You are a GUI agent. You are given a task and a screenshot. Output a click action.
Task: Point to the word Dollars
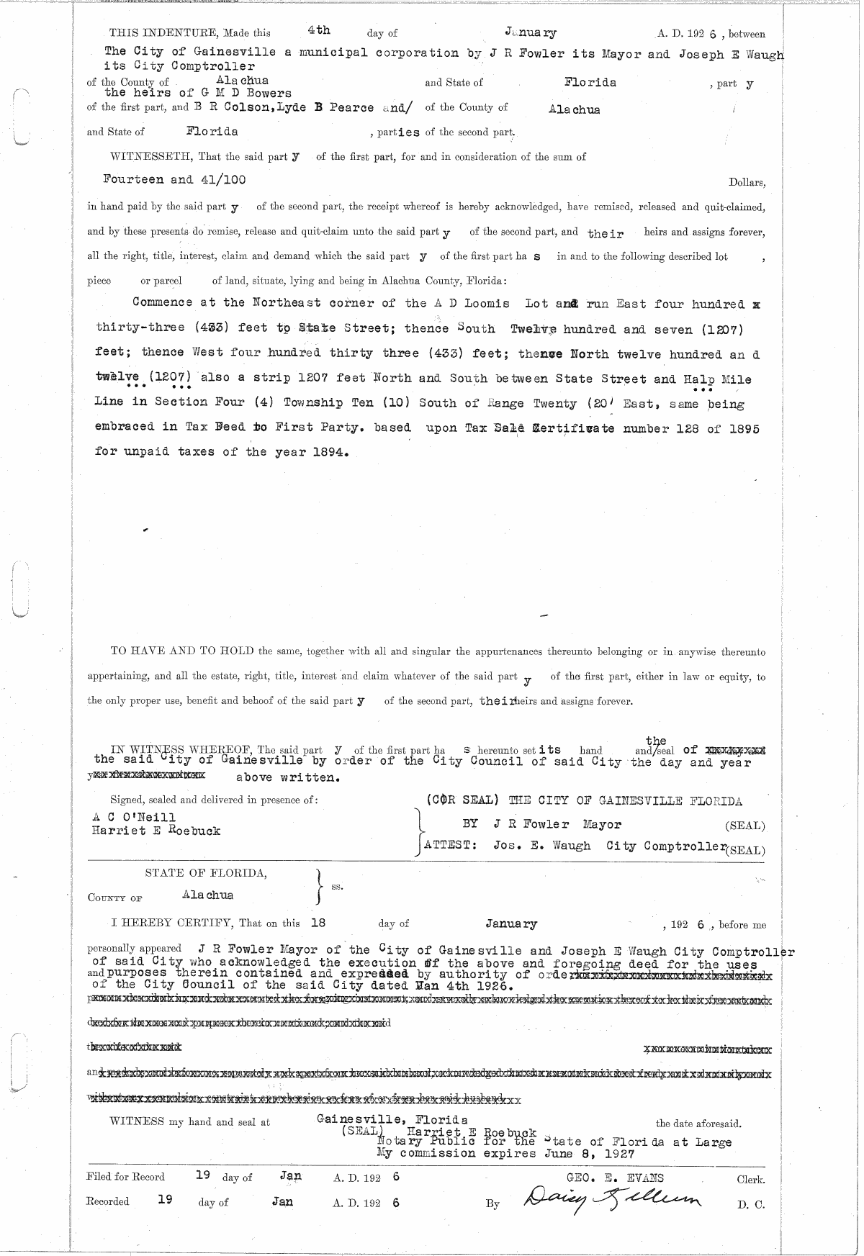[x=747, y=183]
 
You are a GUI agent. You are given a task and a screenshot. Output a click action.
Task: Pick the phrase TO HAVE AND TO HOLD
[x=181, y=651]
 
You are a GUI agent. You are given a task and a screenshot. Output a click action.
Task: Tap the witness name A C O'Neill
[x=134, y=818]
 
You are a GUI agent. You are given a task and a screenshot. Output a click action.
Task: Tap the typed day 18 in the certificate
[x=318, y=922]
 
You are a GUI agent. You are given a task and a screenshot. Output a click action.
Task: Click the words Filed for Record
[x=125, y=1178]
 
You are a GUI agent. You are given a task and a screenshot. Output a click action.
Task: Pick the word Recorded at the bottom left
[x=107, y=1201]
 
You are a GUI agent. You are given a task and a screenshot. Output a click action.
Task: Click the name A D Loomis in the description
[x=472, y=304]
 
